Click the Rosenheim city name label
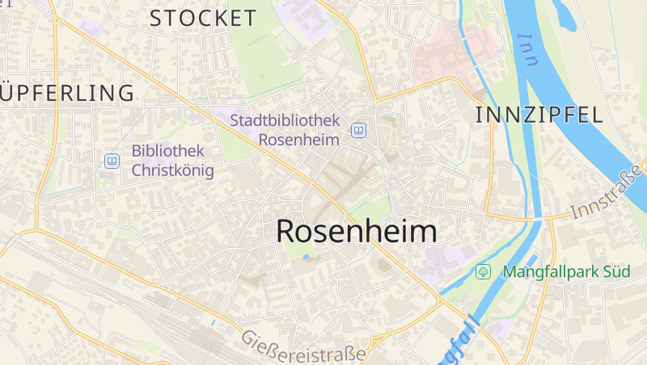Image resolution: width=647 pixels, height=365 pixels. (356, 232)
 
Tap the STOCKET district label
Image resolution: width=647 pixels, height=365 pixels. (203, 18)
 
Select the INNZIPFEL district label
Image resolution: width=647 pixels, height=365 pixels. (539, 115)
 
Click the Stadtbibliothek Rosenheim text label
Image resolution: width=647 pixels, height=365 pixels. (285, 129)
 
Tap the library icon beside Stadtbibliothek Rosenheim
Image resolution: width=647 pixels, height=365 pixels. (358, 130)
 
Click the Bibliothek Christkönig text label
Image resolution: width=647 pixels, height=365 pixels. (172, 160)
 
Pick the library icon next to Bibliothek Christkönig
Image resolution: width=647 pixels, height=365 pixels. (112, 161)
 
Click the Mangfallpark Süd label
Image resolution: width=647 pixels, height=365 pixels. (566, 271)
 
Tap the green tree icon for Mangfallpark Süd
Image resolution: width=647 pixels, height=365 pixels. (484, 271)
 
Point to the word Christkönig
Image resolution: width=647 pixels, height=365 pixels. (172, 170)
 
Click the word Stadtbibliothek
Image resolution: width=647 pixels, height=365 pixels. (285, 120)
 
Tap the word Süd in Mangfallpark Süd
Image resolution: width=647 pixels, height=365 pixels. (615, 271)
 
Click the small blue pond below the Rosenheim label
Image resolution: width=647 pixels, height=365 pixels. (306, 258)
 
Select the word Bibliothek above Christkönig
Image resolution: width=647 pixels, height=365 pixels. (168, 150)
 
